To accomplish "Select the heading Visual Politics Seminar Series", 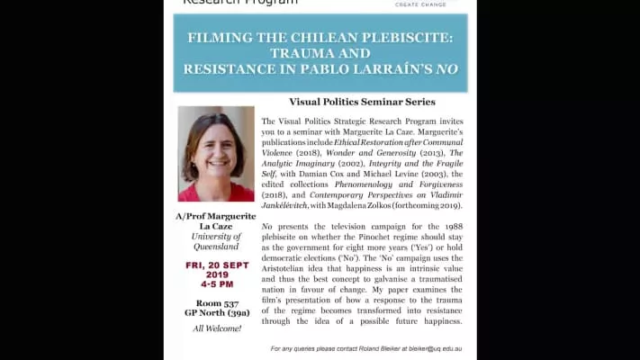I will point(362,102).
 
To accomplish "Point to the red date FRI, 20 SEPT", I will point(216,266).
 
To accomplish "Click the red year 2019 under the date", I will point(216,276).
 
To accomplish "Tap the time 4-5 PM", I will point(216,286).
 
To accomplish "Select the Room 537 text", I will point(216,303).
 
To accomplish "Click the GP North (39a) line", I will point(216,314).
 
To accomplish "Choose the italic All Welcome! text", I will point(216,329).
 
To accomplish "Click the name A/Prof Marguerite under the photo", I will point(216,217).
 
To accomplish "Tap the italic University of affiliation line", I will point(216,237).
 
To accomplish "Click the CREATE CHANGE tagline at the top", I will point(419,4).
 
